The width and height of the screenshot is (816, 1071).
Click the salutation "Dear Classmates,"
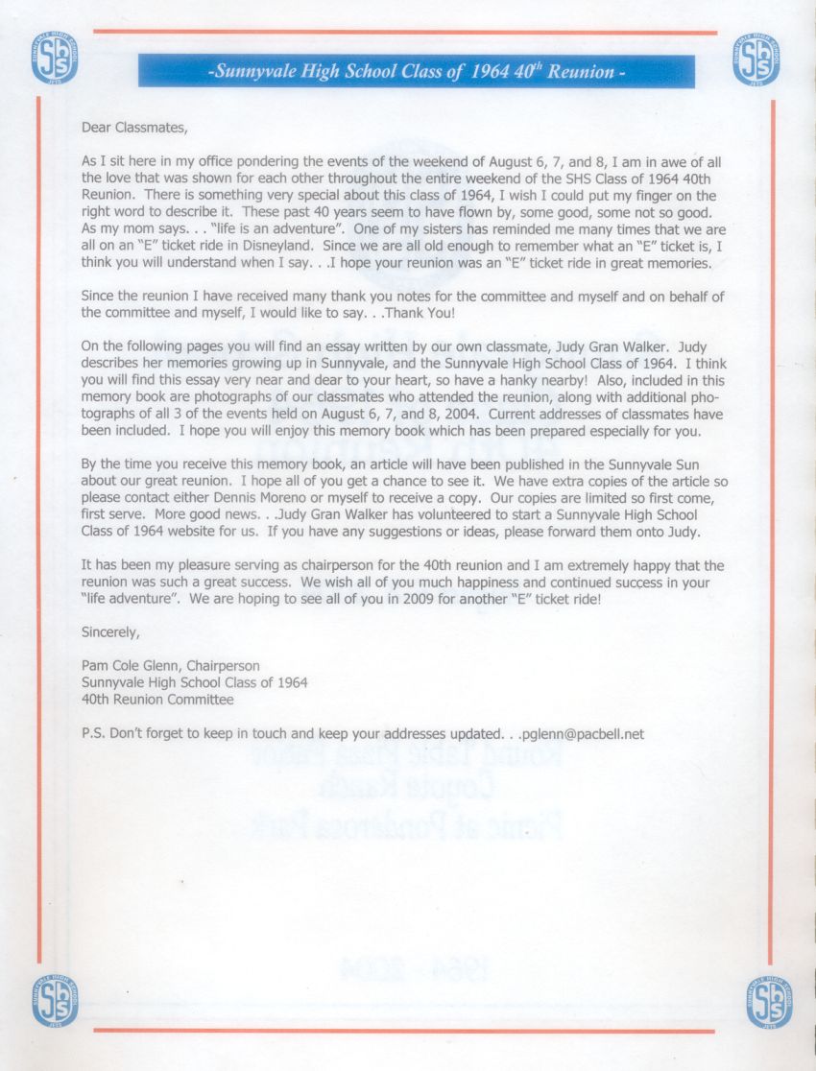click(130, 127)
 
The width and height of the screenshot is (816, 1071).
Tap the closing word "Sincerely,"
click(111, 631)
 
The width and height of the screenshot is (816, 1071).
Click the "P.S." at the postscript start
click(94, 734)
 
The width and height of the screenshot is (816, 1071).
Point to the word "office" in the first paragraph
click(234, 163)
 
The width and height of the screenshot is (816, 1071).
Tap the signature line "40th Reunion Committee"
click(157, 700)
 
